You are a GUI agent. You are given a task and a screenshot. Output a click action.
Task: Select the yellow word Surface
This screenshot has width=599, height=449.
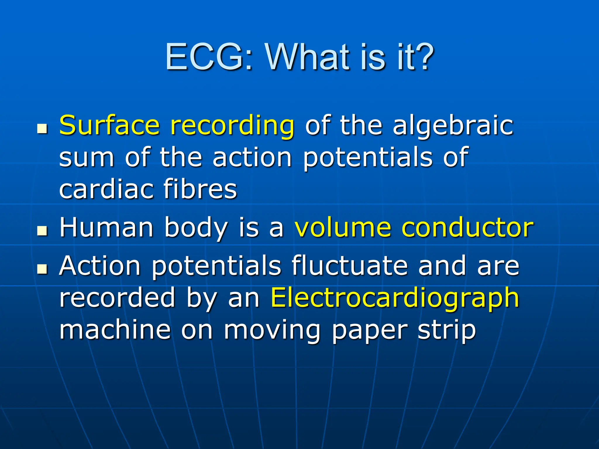110,125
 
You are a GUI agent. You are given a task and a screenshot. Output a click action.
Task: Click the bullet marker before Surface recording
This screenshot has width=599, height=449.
42,128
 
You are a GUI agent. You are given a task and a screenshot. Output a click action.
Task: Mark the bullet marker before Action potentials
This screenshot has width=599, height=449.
42,269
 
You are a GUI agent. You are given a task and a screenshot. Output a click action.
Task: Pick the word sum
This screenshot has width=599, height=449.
87,158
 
